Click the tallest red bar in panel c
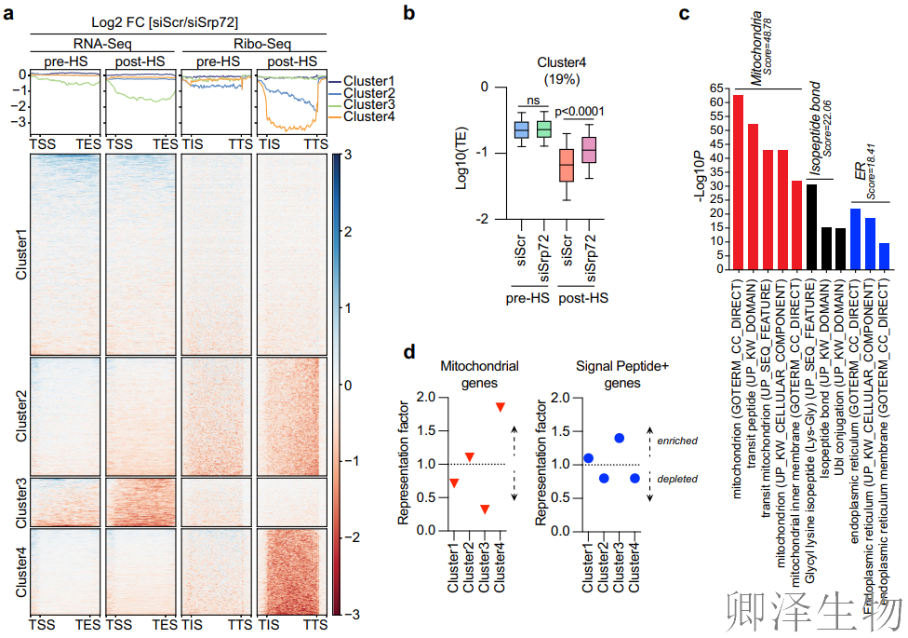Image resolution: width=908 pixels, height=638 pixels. point(738,182)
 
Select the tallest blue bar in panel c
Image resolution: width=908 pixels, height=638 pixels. point(855,238)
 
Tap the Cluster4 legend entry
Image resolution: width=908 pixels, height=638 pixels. point(368,116)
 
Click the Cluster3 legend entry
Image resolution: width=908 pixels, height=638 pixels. point(368,105)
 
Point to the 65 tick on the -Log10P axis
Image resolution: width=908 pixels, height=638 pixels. point(717,88)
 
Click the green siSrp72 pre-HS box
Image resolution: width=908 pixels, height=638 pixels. point(543,129)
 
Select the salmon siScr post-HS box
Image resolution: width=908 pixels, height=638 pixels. point(566,165)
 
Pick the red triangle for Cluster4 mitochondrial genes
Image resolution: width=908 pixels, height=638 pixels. point(501,407)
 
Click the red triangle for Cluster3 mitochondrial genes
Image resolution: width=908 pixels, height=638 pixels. point(485,509)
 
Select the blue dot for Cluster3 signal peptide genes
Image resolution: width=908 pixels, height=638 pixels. point(619,438)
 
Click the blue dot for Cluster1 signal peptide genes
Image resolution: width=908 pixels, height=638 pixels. point(588,457)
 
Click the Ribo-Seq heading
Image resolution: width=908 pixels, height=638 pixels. point(253,43)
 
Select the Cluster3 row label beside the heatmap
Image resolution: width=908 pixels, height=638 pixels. point(20,503)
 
